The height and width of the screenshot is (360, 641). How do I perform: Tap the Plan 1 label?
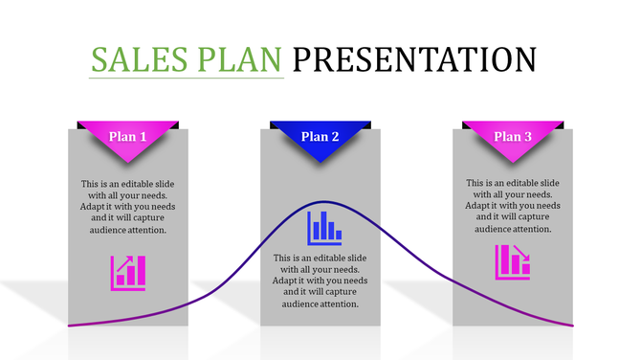click(127, 137)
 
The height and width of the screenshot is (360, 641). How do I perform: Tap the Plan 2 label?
click(320, 137)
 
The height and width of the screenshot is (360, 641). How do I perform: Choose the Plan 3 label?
click(513, 137)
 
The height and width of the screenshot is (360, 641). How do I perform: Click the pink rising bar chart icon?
click(128, 272)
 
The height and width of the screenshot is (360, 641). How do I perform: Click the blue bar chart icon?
click(323, 227)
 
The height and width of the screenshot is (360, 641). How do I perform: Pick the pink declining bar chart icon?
click(513, 262)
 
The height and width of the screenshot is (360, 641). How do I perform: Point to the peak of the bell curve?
click(323, 202)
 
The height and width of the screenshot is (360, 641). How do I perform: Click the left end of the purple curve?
click(70, 326)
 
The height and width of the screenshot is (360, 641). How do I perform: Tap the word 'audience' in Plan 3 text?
click(494, 229)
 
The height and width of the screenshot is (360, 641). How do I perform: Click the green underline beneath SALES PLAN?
click(188, 78)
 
